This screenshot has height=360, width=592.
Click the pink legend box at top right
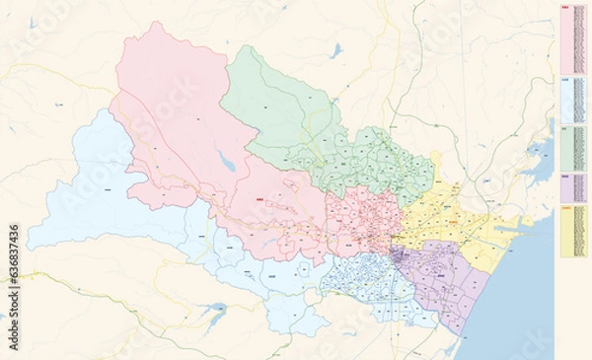(x=573, y=39)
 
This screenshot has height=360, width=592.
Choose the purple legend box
(x=573, y=186)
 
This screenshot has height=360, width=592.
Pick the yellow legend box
(x=573, y=233)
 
